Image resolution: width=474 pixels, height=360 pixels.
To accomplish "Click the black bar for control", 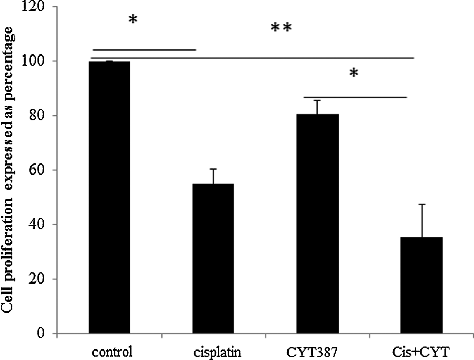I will [109, 197].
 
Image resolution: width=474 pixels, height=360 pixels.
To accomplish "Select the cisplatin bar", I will [213, 258].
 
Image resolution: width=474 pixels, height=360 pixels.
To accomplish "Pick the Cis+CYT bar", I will [422, 285].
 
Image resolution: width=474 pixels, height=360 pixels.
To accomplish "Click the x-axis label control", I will [112, 352].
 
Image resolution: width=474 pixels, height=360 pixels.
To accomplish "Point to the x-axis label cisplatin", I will [218, 352].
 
